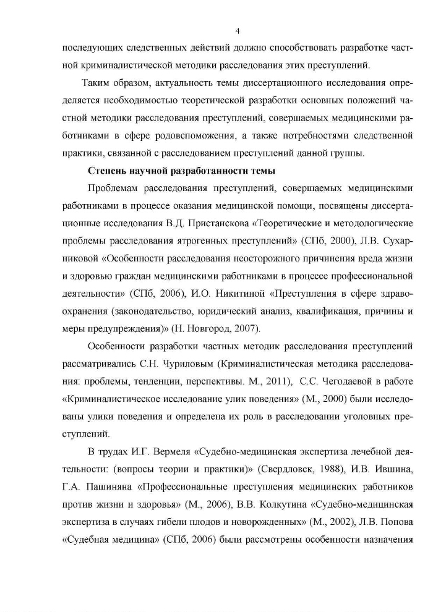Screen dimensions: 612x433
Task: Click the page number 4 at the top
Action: click(238, 32)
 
